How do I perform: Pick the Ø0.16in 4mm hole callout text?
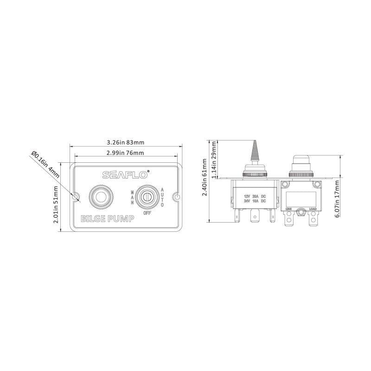click(x=45, y=164)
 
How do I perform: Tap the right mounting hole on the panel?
click(x=176, y=198)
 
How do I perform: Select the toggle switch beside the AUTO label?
click(x=147, y=197)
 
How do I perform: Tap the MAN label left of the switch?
click(x=132, y=197)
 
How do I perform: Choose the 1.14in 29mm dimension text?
click(x=214, y=157)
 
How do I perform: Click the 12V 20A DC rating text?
click(x=255, y=196)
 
